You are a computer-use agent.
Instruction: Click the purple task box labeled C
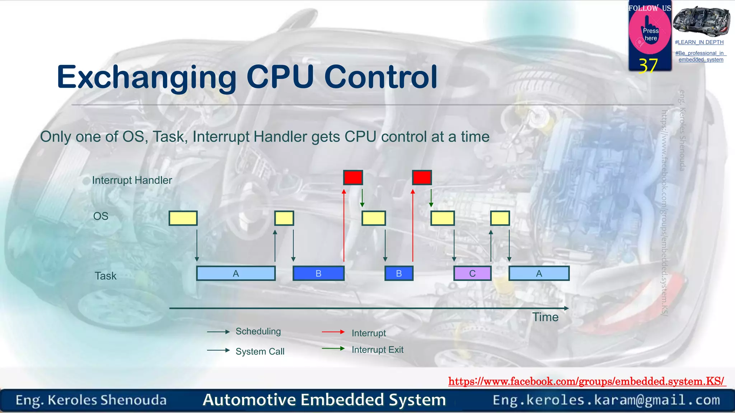(x=472, y=274)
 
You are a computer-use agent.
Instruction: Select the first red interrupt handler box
(x=353, y=177)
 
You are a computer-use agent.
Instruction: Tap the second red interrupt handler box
(x=422, y=177)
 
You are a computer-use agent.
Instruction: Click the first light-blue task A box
(x=236, y=274)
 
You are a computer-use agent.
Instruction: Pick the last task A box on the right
(x=539, y=274)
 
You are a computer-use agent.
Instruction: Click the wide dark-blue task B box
(x=318, y=274)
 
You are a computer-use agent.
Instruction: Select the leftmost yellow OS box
(x=183, y=218)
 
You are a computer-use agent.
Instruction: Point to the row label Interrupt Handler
(x=132, y=180)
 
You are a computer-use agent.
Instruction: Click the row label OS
(x=100, y=216)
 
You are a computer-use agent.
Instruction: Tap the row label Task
(x=106, y=276)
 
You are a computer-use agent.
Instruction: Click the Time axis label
(x=545, y=317)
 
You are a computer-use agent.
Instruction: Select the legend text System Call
(x=260, y=351)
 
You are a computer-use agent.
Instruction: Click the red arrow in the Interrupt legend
(x=333, y=332)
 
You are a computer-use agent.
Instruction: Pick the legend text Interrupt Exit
(x=377, y=350)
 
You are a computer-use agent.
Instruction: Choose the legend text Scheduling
(x=258, y=331)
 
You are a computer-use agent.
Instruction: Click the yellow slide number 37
(x=648, y=66)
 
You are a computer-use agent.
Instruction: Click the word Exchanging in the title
(x=146, y=77)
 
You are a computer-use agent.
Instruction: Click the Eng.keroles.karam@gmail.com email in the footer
(x=606, y=400)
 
